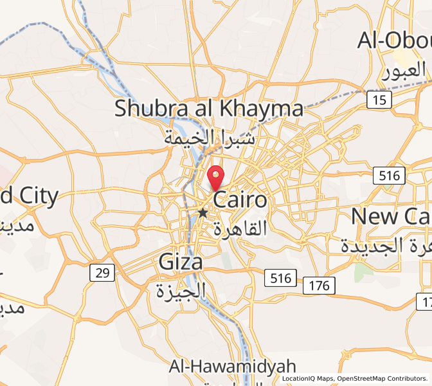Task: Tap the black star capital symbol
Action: pos(203,212)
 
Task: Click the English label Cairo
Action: pos(240,199)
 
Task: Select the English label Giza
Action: pos(181,262)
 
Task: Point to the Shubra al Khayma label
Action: pos(209,108)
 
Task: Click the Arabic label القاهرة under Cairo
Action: pos(239,228)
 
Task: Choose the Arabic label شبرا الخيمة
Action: pos(210,137)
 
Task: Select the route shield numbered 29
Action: pos(102,273)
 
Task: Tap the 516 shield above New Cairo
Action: pos(390,175)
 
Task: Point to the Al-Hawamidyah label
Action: pos(233,367)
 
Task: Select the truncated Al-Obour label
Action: pos(395,40)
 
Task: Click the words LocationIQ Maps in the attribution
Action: pos(307,379)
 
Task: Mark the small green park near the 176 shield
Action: pos(363,271)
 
